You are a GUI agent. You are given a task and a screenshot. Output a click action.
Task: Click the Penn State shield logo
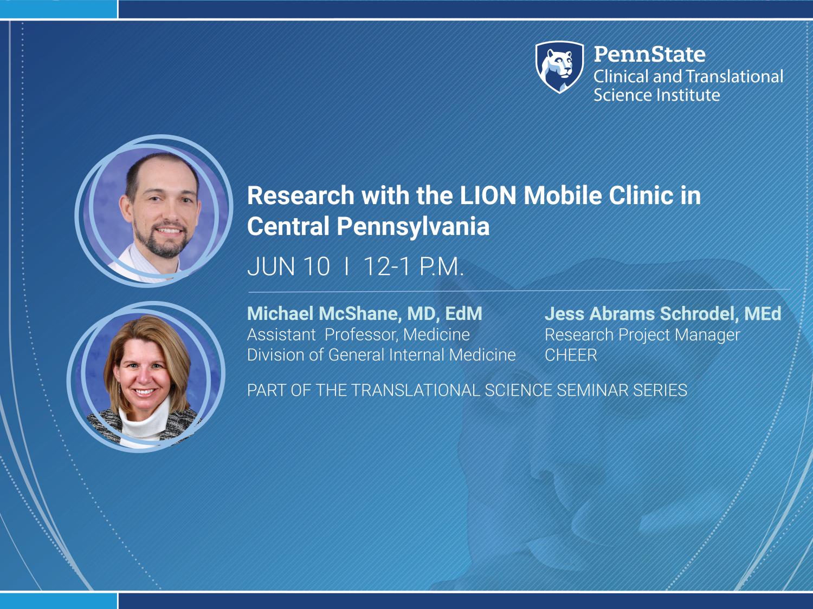coord(560,67)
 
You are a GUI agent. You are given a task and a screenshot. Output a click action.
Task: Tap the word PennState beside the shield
coord(650,54)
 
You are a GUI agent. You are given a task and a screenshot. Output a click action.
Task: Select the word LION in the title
coord(488,195)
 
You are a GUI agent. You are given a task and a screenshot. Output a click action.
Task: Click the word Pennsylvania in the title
coord(413,227)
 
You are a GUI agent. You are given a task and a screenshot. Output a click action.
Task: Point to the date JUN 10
coord(288,266)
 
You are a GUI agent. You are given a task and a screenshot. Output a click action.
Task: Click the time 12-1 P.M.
coord(414,266)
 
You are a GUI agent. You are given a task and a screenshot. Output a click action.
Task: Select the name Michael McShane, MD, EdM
coord(364,313)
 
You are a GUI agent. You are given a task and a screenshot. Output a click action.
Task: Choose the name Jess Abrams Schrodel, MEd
coord(663,313)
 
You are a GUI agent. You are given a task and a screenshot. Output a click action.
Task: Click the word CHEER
coord(571,355)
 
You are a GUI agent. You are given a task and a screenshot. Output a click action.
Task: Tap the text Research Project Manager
coord(642,335)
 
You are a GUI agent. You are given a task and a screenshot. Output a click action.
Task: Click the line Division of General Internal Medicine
coord(381,355)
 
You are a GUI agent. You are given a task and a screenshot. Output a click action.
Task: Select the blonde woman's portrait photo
coord(146,377)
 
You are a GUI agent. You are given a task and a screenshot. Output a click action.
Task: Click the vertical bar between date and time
coord(347,266)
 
